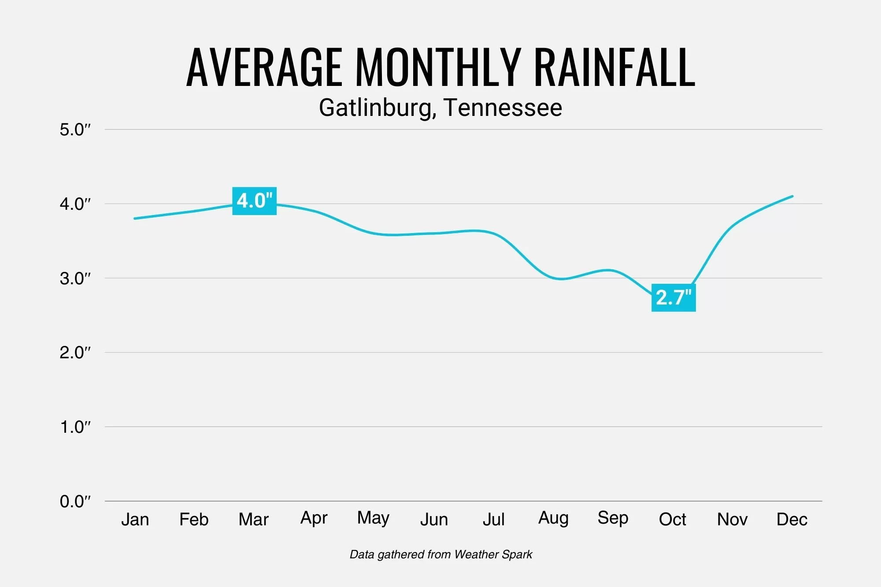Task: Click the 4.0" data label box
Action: pos(254,201)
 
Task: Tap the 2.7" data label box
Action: pos(674,297)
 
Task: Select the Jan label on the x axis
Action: pos(135,520)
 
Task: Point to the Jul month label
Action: pos(493,520)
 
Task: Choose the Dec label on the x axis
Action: pos(792,520)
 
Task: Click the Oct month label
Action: pos(672,520)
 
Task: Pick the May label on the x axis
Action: pos(373,518)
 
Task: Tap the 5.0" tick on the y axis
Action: pos(75,130)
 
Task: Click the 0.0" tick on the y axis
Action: pos(75,502)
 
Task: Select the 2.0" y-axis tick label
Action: pos(75,353)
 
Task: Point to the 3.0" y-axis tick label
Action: pos(75,279)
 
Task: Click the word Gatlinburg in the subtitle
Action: pos(377,108)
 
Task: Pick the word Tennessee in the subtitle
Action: pos(503,108)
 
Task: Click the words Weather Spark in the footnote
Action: pos(493,554)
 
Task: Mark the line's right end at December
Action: pos(792,196)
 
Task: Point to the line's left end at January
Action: pos(134,219)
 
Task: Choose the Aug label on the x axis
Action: pos(553,518)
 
